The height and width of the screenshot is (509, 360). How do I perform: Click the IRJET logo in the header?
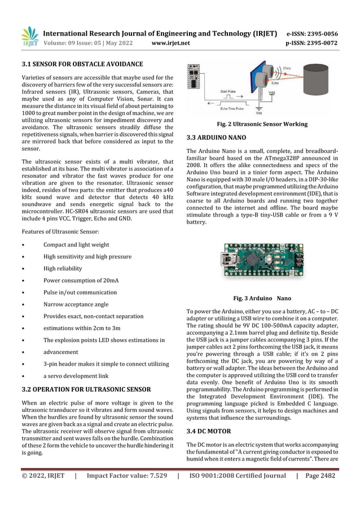(30, 37)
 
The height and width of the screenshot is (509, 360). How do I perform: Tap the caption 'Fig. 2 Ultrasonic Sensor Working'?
(258, 124)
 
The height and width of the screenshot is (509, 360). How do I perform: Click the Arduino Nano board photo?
(262, 265)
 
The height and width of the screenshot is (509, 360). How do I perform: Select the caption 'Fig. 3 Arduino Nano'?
(262, 297)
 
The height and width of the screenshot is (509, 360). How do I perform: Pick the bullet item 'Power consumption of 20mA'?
(81, 280)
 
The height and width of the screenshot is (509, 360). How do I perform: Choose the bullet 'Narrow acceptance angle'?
(76, 304)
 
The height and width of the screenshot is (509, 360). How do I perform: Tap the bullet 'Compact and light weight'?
(76, 245)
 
